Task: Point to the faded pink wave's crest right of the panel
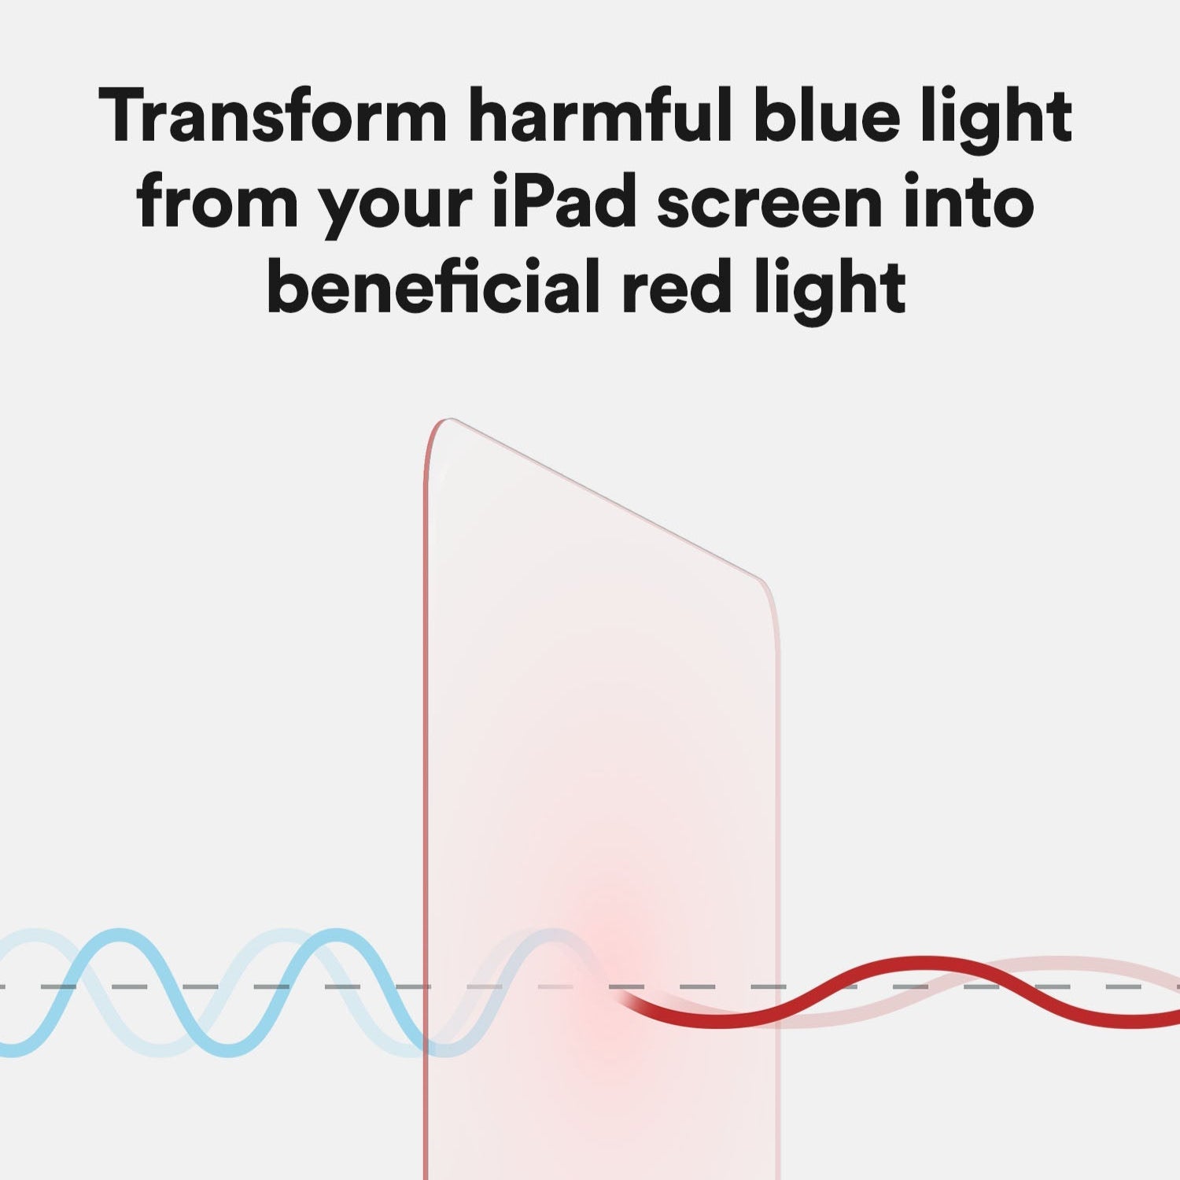(x=1054, y=961)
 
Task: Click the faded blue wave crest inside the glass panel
(x=551, y=935)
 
